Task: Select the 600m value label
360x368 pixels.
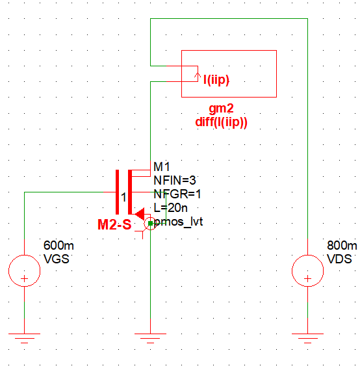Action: pos(58,246)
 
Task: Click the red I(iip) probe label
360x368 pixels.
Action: pos(216,80)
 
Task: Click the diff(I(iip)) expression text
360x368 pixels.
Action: pos(222,121)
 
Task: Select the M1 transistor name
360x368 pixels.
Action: pos(161,167)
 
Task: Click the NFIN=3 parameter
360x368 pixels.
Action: pos(175,179)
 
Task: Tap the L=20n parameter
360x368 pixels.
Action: pos(171,208)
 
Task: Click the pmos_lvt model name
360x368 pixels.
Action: pos(179,222)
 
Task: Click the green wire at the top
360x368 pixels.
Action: pos(227,19)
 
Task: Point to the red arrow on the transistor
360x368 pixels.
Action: pos(138,213)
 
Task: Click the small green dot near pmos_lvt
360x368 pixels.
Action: pos(150,224)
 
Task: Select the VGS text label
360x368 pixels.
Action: pos(56,258)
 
